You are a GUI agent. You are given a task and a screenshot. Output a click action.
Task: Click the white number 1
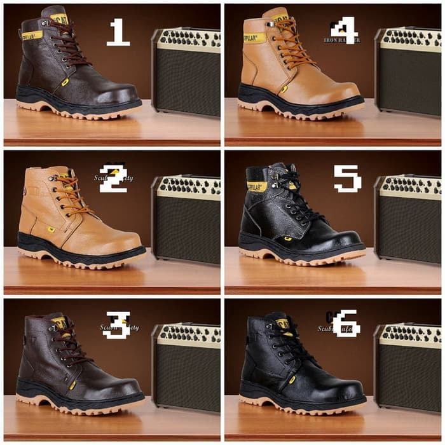click(118, 32)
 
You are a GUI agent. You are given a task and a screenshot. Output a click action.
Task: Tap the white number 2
click(114, 178)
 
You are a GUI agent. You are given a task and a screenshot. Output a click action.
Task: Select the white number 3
click(118, 325)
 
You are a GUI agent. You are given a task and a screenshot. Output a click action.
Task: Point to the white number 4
click(345, 31)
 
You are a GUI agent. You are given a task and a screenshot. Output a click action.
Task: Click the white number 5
click(347, 179)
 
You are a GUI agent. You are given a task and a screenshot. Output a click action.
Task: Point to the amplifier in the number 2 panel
click(186, 219)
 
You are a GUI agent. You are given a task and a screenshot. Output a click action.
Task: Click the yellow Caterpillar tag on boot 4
click(254, 38)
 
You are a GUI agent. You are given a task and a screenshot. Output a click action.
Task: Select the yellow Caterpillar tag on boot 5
click(257, 186)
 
